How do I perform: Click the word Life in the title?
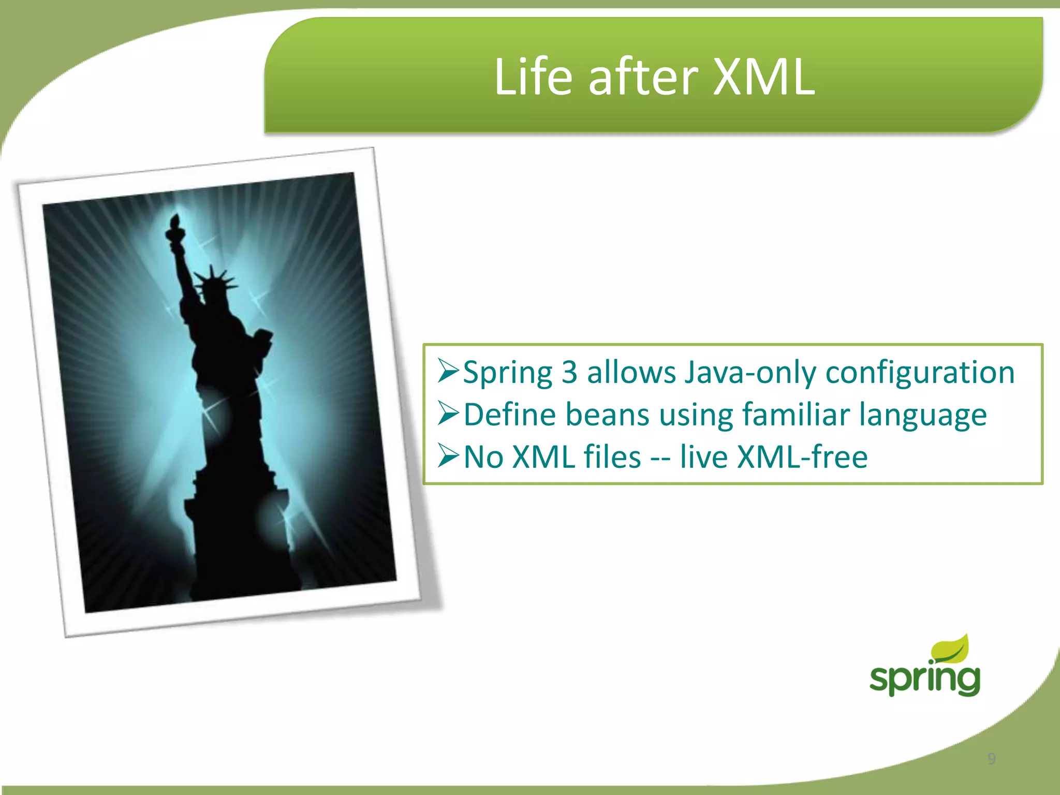tap(533, 78)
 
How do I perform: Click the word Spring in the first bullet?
tap(507, 373)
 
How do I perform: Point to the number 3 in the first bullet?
tap(569, 372)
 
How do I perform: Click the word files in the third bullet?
tap(612, 457)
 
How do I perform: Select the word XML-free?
tap(802, 457)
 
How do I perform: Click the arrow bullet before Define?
tap(448, 414)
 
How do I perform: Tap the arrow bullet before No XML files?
tap(448, 456)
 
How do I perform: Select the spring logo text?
tap(924, 679)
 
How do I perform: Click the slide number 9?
tap(991, 759)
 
